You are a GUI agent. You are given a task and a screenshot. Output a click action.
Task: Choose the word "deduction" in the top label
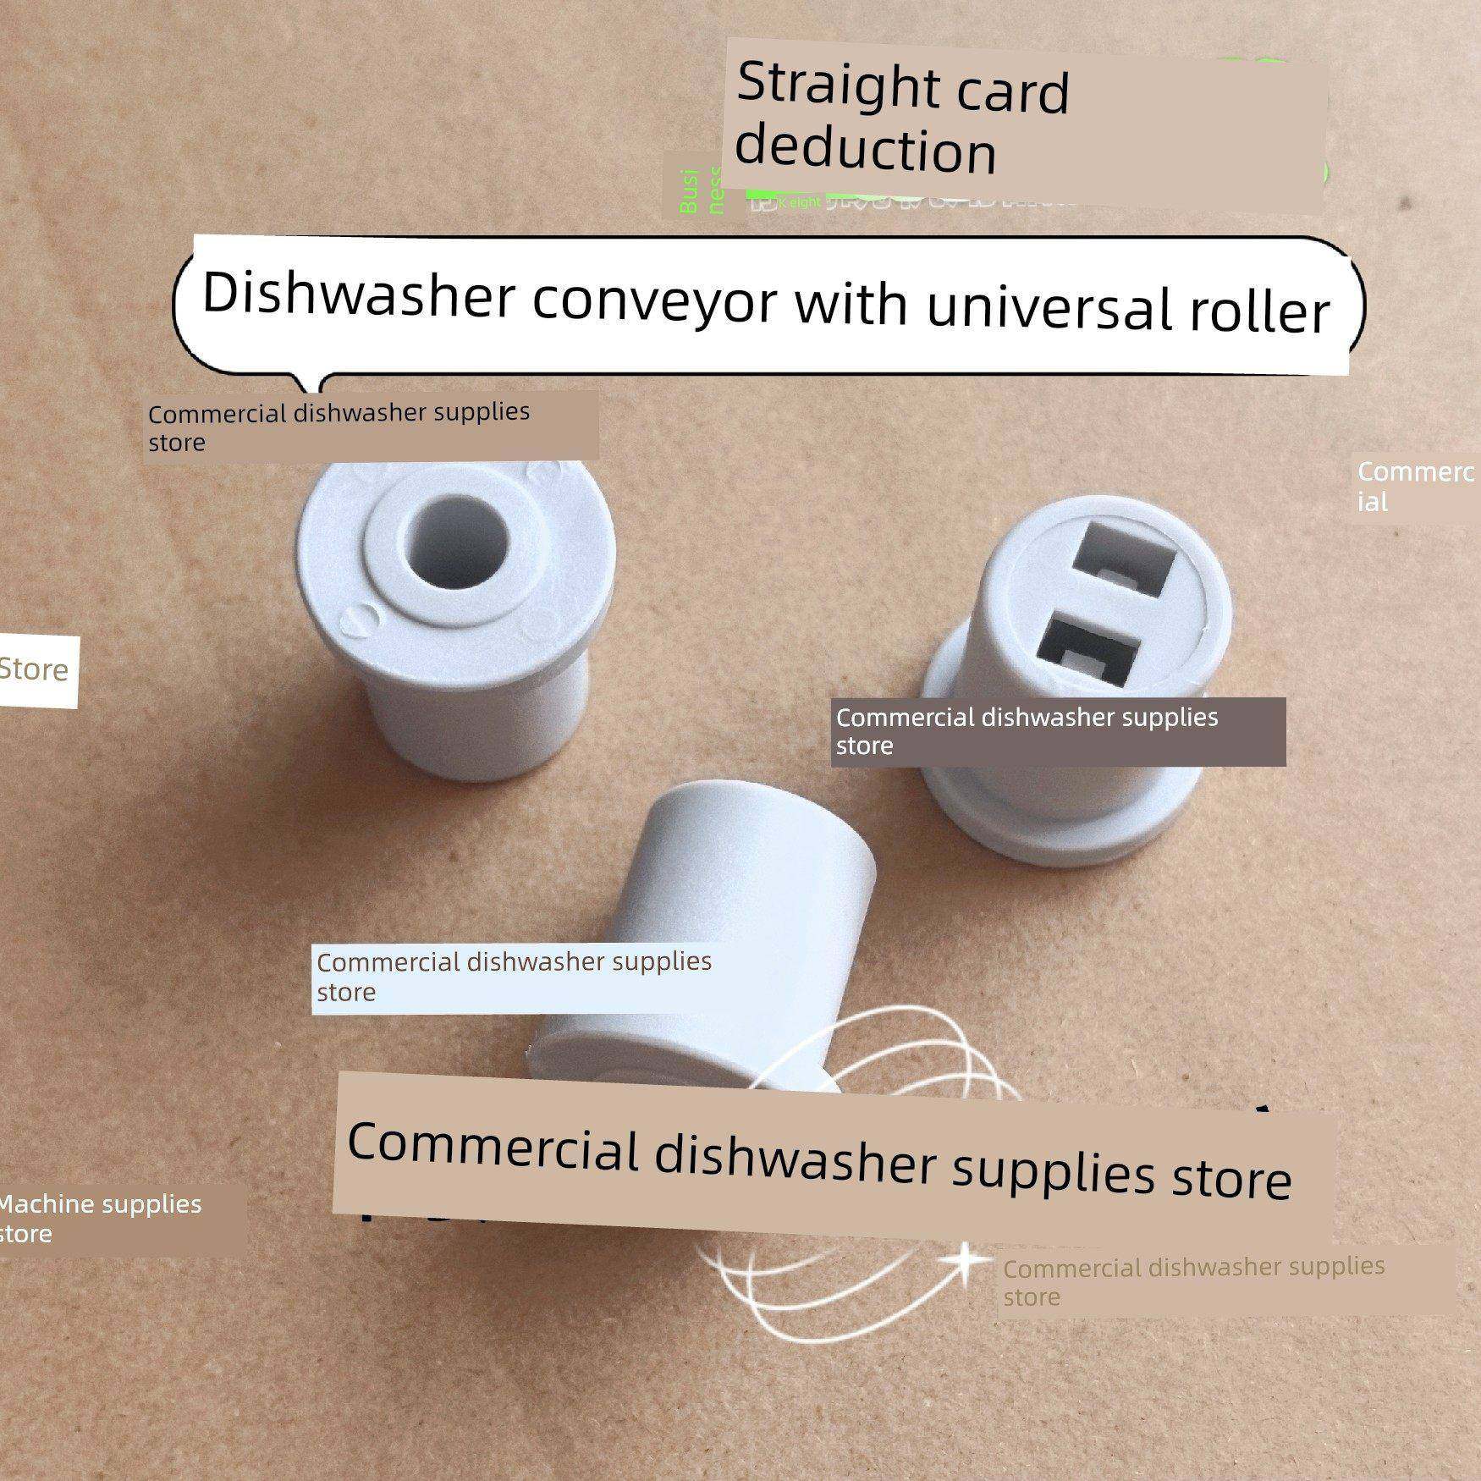[865, 149]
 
